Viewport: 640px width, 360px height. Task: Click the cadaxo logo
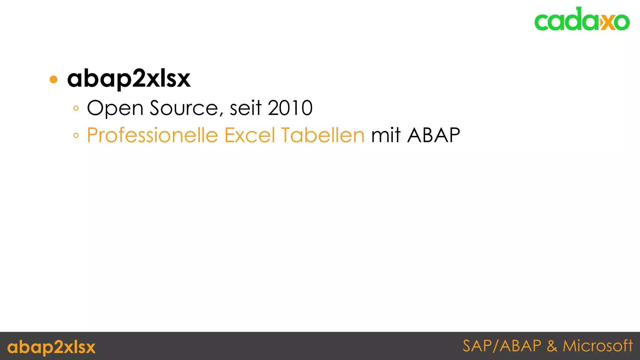[x=582, y=19]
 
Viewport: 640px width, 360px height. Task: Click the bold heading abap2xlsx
[x=129, y=78]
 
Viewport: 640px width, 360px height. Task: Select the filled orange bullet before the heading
[x=54, y=79]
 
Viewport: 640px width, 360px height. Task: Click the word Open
[x=115, y=108]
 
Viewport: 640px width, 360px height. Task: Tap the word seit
[x=245, y=108]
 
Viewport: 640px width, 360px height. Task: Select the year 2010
[x=290, y=108]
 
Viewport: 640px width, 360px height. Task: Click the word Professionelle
[x=152, y=135]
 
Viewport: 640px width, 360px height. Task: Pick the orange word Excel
[x=250, y=135]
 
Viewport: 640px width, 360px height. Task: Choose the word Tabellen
[x=322, y=135]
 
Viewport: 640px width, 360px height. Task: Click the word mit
[x=386, y=135]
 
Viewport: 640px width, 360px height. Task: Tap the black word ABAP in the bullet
[x=433, y=135]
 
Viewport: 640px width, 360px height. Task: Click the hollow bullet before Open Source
[x=76, y=108]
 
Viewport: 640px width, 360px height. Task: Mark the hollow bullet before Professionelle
[x=76, y=136]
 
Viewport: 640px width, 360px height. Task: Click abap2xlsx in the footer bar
[x=51, y=347]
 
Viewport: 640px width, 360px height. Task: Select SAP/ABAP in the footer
[x=502, y=346]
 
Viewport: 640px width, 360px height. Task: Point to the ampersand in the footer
[x=552, y=346]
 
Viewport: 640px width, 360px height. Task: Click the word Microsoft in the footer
[x=597, y=346]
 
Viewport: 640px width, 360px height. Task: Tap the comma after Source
[x=222, y=114]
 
